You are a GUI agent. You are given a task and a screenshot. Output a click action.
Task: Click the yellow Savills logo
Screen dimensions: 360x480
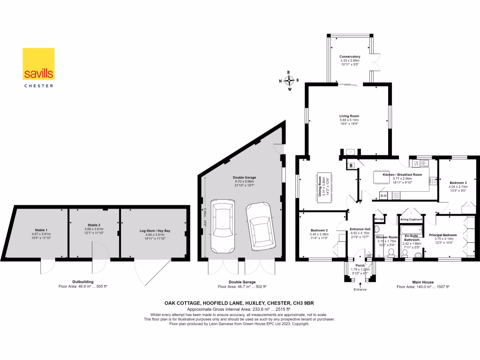tap(39, 64)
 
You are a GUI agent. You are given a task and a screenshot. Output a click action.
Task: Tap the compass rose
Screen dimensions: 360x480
tap(289, 80)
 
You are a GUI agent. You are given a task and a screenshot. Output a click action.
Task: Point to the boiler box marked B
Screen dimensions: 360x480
tap(351, 165)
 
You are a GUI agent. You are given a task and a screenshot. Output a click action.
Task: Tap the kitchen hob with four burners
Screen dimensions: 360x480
tap(383, 195)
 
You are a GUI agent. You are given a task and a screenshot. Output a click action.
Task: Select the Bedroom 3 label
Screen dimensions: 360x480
tap(458, 182)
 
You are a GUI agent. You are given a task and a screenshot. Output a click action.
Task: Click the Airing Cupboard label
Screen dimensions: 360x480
tap(411, 219)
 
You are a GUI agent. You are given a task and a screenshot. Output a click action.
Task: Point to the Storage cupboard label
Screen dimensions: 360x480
tap(379, 218)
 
